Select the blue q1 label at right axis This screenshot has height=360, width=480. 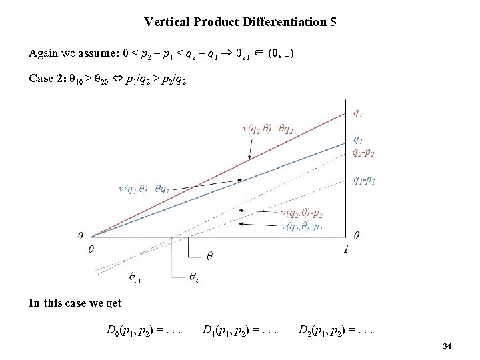click(358, 140)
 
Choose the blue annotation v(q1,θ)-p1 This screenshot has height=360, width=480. click(303, 227)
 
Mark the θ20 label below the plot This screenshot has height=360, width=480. click(195, 278)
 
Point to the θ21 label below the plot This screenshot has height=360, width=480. click(135, 278)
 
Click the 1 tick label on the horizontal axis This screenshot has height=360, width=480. click(346, 249)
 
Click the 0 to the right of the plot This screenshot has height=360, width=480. click(357, 235)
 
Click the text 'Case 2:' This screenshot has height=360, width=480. click(47, 79)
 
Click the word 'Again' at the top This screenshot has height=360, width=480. click(42, 52)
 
